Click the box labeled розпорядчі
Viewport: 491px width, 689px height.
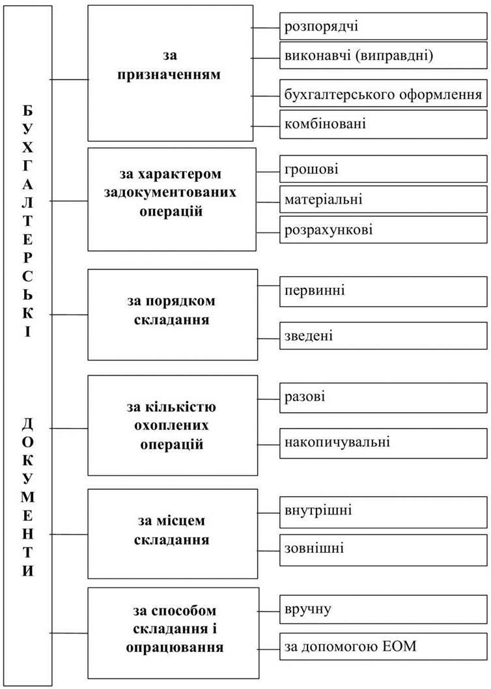point(384,26)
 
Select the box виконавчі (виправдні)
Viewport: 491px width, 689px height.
point(384,56)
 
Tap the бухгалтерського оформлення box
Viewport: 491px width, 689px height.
point(384,94)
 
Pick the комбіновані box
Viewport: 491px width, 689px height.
point(384,124)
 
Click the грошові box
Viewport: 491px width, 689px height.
point(384,169)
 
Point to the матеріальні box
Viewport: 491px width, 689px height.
point(384,199)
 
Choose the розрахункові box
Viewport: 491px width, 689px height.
point(384,229)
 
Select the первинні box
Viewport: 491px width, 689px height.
point(384,291)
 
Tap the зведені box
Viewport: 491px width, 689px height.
point(384,336)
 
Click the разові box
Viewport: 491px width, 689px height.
point(384,397)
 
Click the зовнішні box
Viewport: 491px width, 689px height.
point(384,550)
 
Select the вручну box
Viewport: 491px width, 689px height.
point(384,610)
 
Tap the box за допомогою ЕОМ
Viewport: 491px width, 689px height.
point(384,646)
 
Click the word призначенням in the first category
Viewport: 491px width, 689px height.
point(169,75)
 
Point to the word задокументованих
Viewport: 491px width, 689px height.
point(170,193)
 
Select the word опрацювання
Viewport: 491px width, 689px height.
point(175,648)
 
